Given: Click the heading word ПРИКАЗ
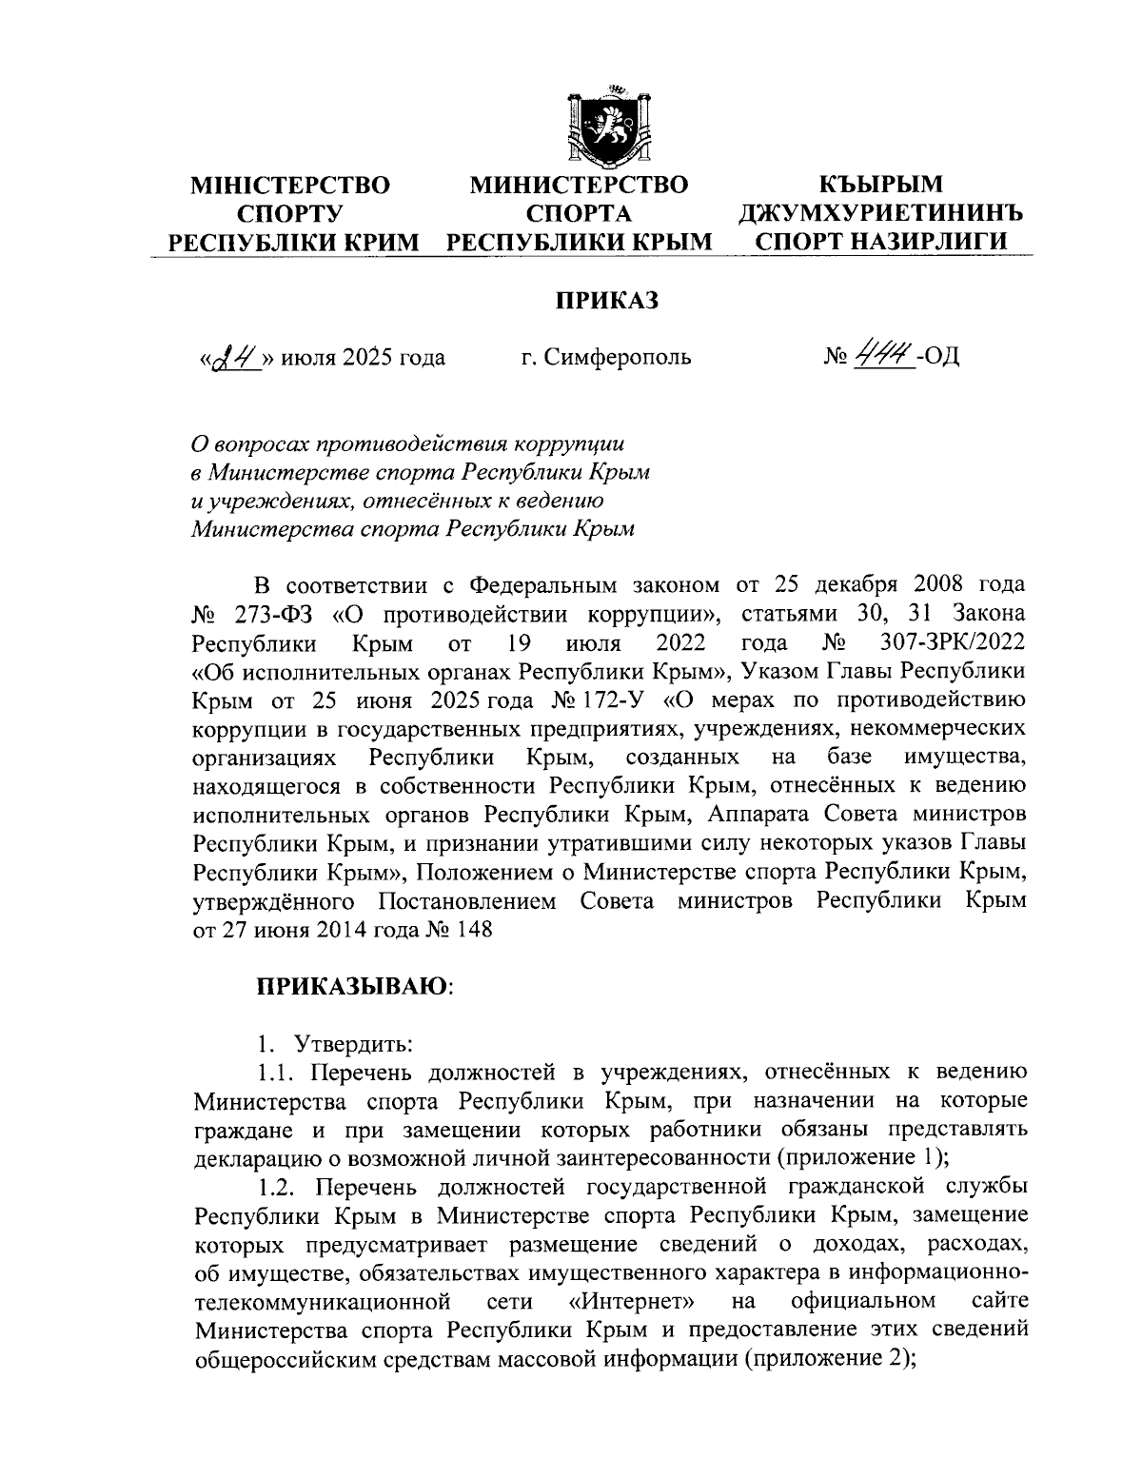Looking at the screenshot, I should click(x=607, y=301).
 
